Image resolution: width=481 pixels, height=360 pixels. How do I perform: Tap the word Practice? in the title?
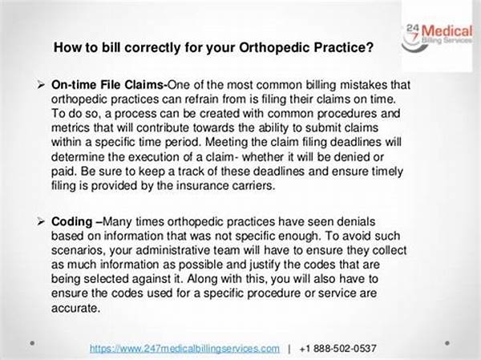pyautogui.click(x=344, y=47)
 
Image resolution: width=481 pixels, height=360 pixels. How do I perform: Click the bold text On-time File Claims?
pyautogui.click(x=109, y=85)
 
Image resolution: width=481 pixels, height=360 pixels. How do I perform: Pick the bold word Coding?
pyautogui.click(x=72, y=222)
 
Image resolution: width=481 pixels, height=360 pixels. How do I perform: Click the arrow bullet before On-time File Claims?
pyautogui.click(x=41, y=85)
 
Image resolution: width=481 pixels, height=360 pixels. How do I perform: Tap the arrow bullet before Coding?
pyautogui.click(x=41, y=221)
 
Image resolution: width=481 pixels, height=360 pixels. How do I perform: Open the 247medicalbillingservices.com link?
pyautogui.click(x=184, y=348)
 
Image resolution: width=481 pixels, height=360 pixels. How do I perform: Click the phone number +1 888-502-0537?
pyautogui.click(x=338, y=348)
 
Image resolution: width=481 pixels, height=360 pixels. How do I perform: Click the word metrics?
pyautogui.click(x=71, y=127)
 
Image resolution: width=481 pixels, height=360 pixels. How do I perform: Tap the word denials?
pyautogui.click(x=357, y=221)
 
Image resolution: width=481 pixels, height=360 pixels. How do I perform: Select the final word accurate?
pyautogui.click(x=76, y=308)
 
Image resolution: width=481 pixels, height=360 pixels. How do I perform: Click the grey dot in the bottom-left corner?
pyautogui.click(x=33, y=343)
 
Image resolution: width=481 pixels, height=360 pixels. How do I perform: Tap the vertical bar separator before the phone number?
pyautogui.click(x=289, y=349)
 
